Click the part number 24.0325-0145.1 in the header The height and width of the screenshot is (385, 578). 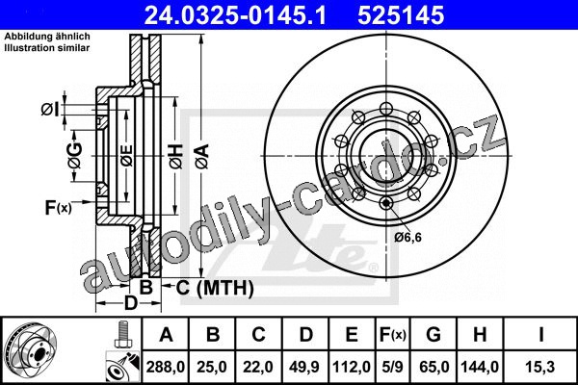pos(235,15)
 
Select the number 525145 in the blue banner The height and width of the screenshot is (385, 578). pos(401,15)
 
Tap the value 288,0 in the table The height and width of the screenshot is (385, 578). pos(165,367)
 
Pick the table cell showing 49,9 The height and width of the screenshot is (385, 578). pos(304,367)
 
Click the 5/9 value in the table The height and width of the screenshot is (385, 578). pos(393,367)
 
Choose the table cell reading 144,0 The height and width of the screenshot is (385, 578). pos(480,367)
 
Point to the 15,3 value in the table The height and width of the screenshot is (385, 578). pos(540,367)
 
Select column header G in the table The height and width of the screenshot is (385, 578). pos(433,335)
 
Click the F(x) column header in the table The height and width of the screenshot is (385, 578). pos(393,335)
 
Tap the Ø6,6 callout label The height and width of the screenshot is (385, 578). pos(407,237)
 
